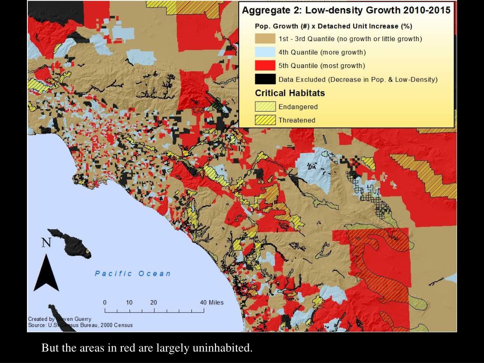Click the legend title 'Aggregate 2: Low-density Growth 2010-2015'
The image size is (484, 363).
click(346, 10)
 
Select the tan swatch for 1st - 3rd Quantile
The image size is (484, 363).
click(265, 39)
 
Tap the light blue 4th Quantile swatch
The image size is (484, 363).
click(265, 52)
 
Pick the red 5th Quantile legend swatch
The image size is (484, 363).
click(265, 66)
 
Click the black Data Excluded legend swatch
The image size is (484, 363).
click(265, 79)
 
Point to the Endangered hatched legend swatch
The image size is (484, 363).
click(265, 107)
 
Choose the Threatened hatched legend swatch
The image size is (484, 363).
click(265, 120)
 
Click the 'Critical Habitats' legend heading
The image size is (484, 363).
click(290, 93)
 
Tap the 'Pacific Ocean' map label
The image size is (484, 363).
click(132, 274)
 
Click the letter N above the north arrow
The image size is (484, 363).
click(46, 243)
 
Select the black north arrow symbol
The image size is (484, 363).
click(46, 274)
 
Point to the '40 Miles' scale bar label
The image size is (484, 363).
click(211, 302)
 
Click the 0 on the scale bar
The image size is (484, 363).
click(105, 302)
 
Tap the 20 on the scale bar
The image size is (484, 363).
click(154, 302)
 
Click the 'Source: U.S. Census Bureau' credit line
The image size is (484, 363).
click(80, 325)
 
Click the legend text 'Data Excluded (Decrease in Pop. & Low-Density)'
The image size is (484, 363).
click(358, 79)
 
